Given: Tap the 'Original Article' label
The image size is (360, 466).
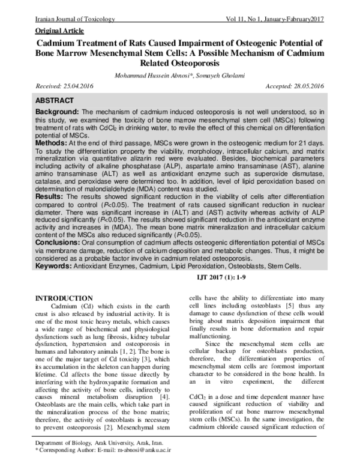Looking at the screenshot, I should [59, 30].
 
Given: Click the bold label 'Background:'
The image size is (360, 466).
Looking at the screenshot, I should [58, 113].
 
